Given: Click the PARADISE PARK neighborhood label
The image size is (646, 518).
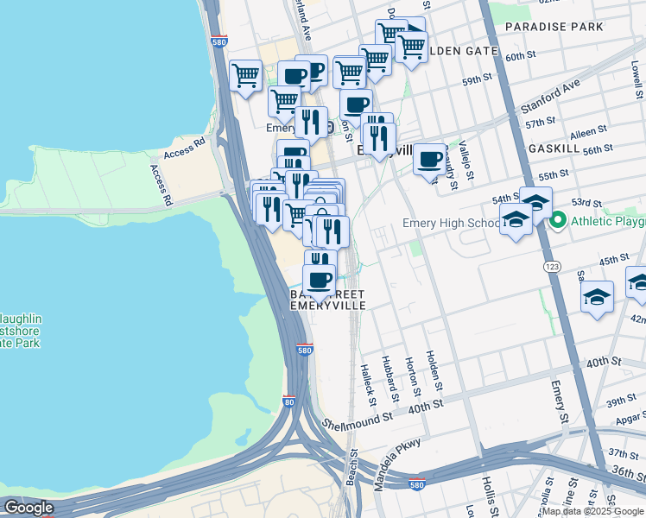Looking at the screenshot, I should click(554, 27).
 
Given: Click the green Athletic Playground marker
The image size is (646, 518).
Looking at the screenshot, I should click(559, 221).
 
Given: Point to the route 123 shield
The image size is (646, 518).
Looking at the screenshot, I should click(550, 268).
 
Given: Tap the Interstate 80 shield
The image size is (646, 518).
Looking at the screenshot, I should click(289, 402).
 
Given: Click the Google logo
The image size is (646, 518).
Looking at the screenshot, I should click(28, 508).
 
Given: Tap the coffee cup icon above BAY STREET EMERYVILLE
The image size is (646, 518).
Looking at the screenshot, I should click(319, 279).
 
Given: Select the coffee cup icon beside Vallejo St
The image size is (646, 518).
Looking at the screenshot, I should click(429, 158).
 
